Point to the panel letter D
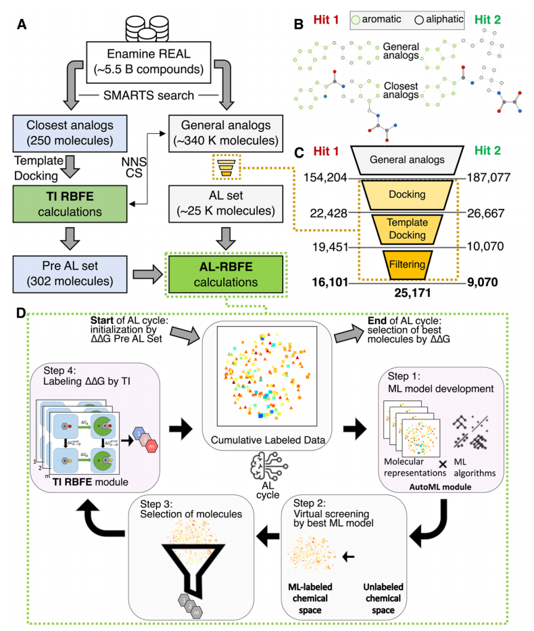pyautogui.click(x=22, y=316)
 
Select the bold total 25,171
pyautogui.click(x=404, y=294)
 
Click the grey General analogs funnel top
pyautogui.click(x=404, y=160)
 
